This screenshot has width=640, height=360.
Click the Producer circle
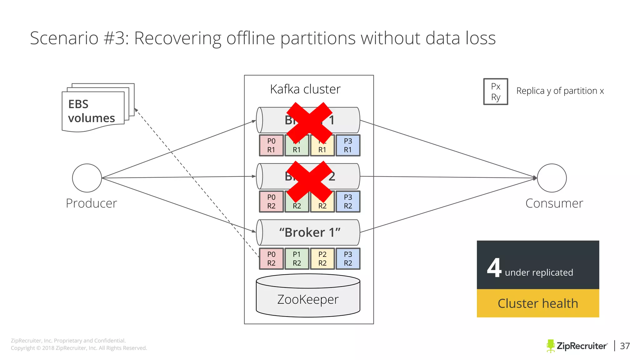point(87,178)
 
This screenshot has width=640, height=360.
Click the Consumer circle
point(552,178)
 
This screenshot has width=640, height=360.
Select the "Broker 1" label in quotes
point(309,232)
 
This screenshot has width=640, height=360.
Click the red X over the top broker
point(309,122)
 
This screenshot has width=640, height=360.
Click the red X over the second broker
point(309,181)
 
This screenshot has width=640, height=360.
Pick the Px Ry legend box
point(496,92)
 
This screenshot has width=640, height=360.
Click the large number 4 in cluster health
point(494,268)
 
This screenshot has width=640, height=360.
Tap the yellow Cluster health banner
point(537,303)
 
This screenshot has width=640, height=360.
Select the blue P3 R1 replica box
point(348,145)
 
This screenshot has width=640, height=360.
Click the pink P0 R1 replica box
point(271,145)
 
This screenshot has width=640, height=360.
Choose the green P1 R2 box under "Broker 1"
point(297,259)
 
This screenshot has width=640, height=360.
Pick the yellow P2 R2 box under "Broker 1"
point(322,259)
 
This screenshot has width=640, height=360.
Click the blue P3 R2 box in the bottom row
point(348,259)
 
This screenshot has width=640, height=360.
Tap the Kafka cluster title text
point(305,89)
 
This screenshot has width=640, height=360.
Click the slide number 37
point(625,346)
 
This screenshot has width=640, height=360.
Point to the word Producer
point(91,203)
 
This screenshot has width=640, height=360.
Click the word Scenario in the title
point(64,38)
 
